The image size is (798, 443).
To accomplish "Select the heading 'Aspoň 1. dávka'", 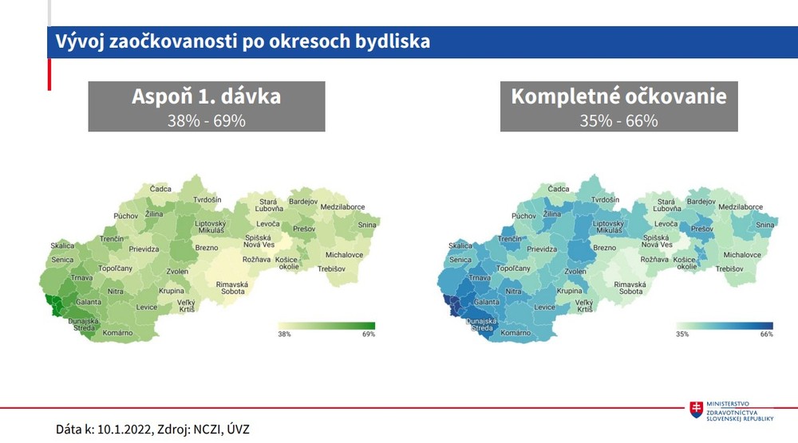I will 207,96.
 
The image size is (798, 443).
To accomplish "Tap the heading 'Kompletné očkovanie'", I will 618,96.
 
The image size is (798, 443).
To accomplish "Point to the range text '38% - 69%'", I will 207,121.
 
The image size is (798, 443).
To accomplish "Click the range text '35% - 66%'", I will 618,121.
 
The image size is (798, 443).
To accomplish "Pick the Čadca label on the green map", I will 160,189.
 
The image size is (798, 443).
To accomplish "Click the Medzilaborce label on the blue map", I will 740,206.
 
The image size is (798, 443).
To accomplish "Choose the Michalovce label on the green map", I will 344,255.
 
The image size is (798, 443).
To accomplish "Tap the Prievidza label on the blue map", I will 541,249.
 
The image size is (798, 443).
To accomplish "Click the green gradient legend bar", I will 326,325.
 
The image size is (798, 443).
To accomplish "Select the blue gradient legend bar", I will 725,325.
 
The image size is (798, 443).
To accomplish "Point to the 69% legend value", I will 368,335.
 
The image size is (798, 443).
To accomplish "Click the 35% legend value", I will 682,335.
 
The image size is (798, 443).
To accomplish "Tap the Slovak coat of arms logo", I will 697,410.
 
